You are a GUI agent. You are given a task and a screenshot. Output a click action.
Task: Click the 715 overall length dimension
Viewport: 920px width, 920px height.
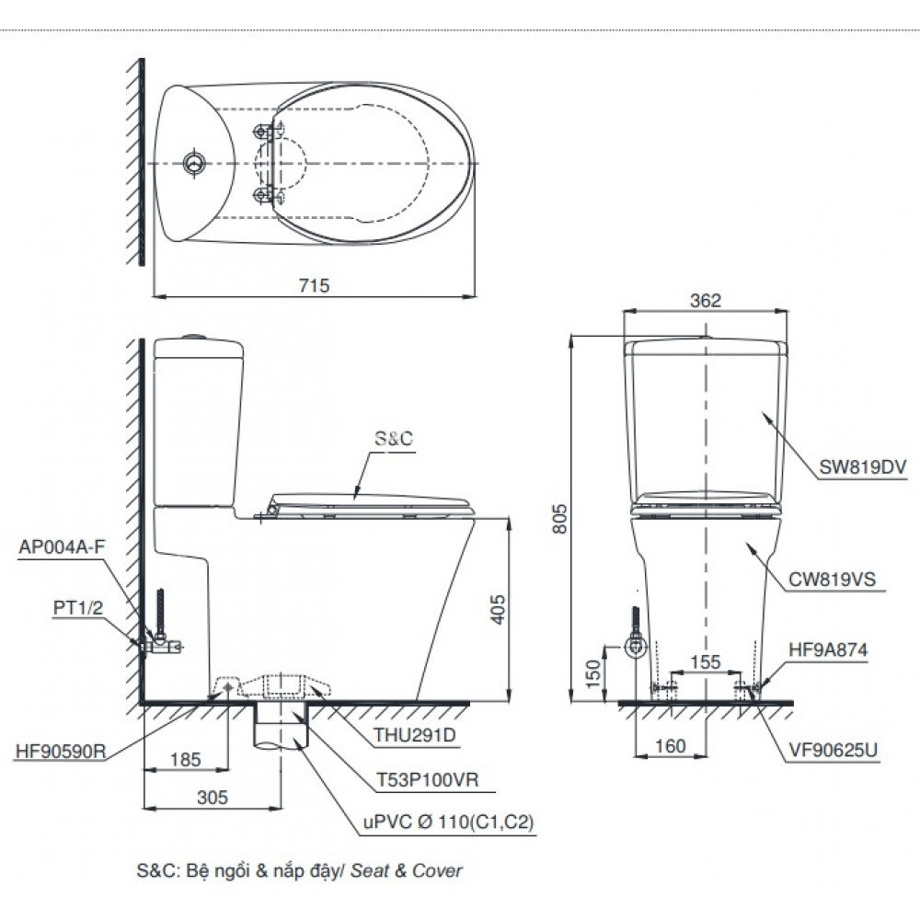[x=314, y=285]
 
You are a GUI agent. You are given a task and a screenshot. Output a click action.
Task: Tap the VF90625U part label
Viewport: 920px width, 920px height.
[x=834, y=750]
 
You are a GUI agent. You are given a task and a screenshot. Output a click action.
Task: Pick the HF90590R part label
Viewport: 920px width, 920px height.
[x=62, y=750]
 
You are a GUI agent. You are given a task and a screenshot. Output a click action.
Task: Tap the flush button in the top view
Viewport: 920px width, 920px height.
[x=194, y=164]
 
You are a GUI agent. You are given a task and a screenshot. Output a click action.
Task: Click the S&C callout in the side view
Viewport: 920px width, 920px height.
[x=393, y=441]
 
